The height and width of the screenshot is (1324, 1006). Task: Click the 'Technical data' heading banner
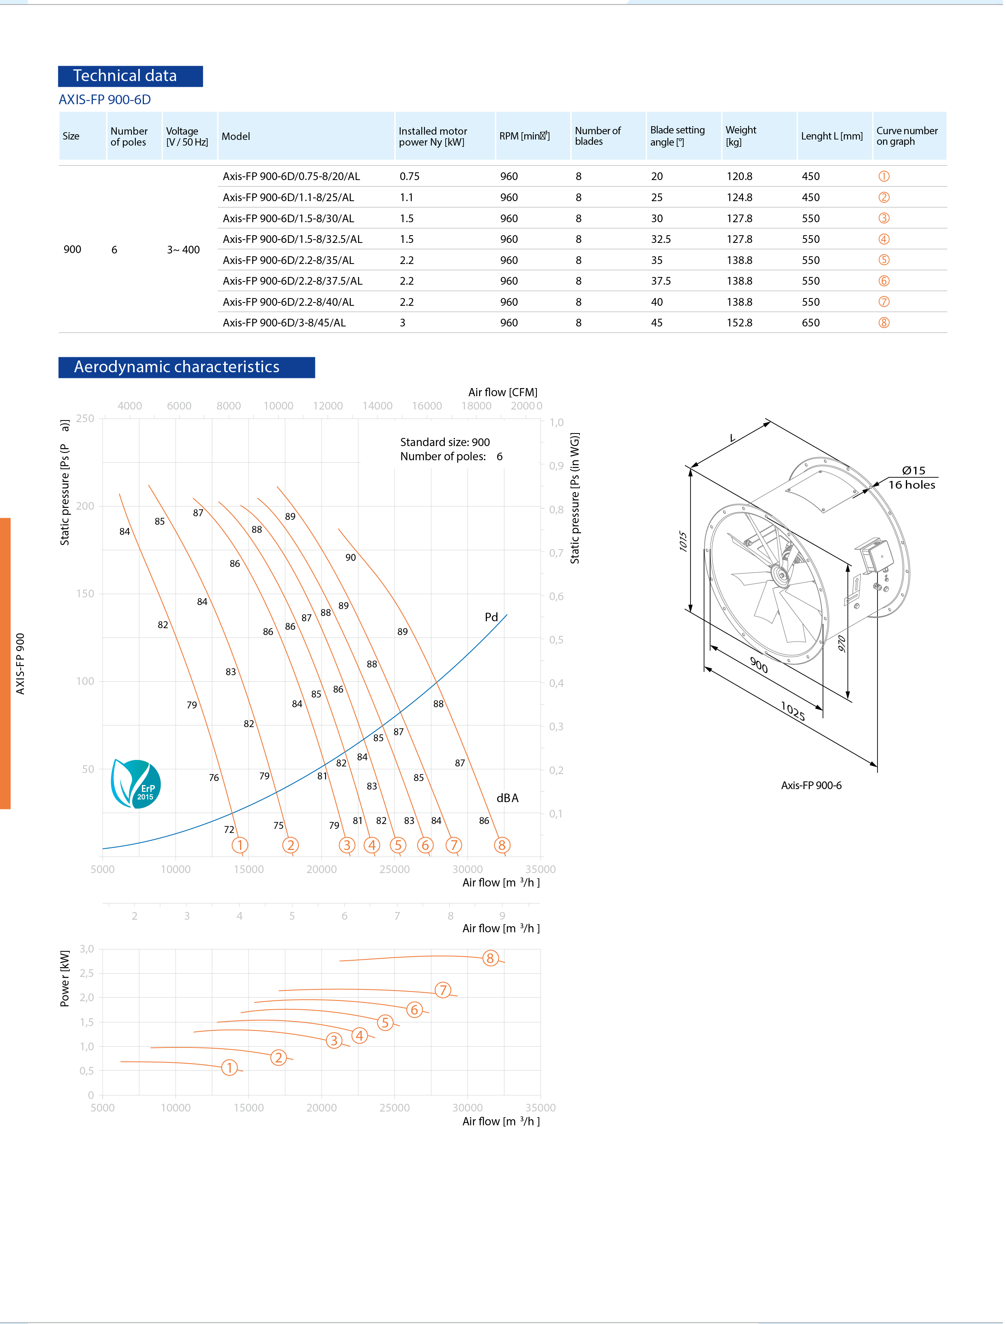(x=131, y=76)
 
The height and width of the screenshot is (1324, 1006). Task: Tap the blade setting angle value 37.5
(x=662, y=281)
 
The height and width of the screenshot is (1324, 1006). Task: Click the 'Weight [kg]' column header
(x=742, y=136)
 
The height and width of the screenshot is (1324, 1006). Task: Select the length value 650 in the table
(x=813, y=323)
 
